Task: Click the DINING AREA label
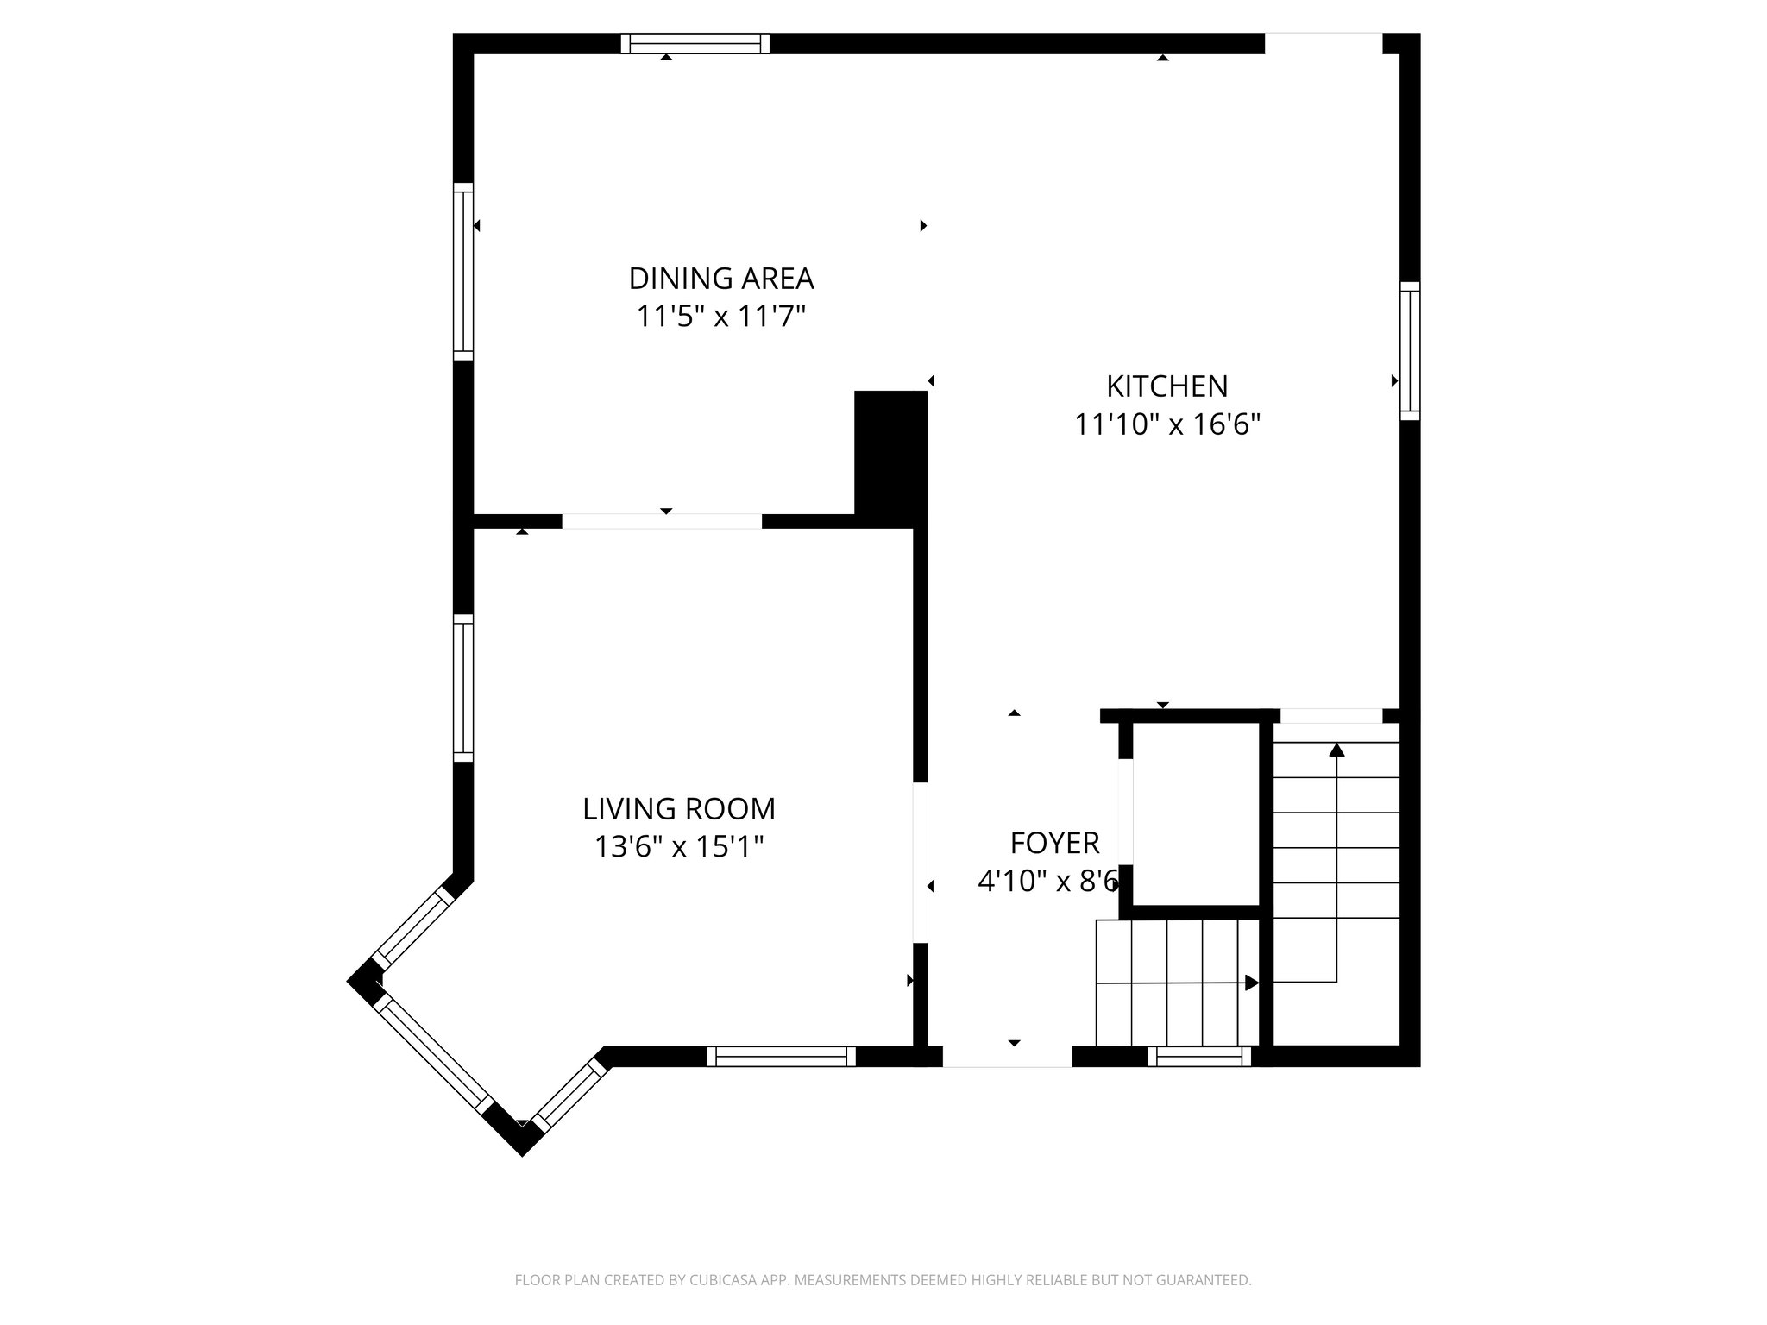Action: click(721, 279)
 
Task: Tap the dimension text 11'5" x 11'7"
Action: click(721, 317)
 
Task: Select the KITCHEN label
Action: click(1166, 386)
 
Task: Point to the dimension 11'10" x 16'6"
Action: click(1166, 424)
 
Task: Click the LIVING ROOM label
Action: click(679, 808)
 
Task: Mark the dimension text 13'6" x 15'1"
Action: click(679, 847)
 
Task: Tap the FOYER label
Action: click(1054, 842)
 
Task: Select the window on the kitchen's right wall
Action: click(1409, 351)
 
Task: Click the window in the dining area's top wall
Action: click(695, 43)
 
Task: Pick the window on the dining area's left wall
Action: click(463, 272)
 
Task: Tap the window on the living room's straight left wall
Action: click(463, 688)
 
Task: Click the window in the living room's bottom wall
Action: click(781, 1056)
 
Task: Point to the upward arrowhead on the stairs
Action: click(1336, 750)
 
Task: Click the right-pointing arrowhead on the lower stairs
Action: click(1251, 983)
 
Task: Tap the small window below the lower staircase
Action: click(1199, 1056)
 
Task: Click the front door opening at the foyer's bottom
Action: click(1007, 1056)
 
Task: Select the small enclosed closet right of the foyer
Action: click(1195, 814)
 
